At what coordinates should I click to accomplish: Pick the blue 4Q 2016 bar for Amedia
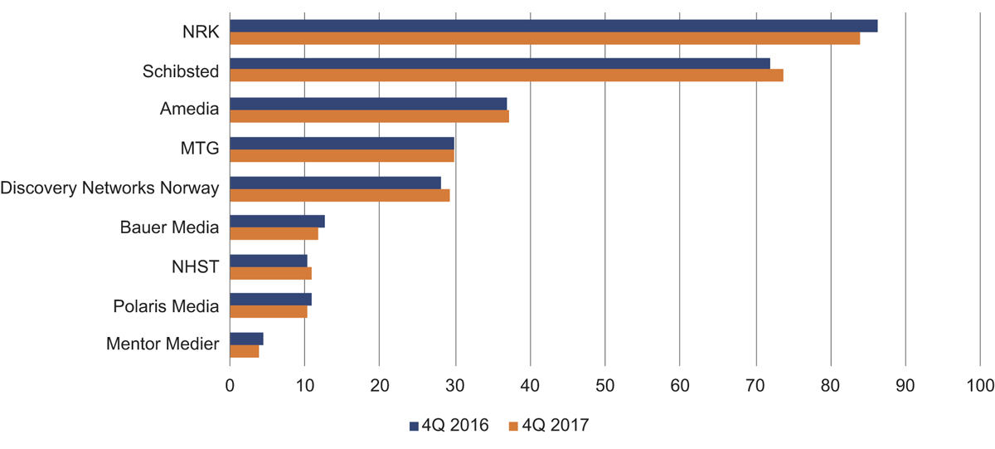[x=368, y=103]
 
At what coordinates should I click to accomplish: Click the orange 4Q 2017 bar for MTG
[x=342, y=156]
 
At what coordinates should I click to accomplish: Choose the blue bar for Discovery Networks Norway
[x=335, y=183]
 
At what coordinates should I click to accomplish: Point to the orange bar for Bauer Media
[x=274, y=234]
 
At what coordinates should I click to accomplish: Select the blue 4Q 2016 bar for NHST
[x=268, y=261]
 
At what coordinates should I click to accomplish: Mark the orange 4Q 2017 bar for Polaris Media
[x=268, y=312]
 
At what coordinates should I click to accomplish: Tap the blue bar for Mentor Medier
[x=246, y=339]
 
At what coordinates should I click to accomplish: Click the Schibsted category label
[x=181, y=71]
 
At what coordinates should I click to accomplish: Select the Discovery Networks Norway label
[x=109, y=188]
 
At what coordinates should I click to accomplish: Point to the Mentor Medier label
[x=163, y=344]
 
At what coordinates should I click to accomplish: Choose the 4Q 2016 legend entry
[x=449, y=426]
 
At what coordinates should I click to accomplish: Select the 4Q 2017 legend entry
[x=547, y=426]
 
